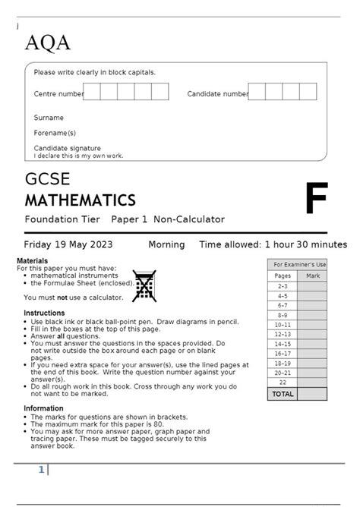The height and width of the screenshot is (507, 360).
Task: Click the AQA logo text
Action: (x=48, y=43)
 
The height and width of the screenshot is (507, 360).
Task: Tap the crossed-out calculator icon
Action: (x=144, y=285)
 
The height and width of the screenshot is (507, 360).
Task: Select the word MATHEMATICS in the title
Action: (x=80, y=200)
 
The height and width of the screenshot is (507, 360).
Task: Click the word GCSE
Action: (x=47, y=180)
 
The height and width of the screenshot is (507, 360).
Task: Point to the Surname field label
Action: (x=49, y=118)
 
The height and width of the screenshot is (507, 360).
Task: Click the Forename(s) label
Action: (x=55, y=133)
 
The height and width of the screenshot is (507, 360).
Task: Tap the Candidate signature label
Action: (x=67, y=148)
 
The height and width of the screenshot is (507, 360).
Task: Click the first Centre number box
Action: (x=92, y=92)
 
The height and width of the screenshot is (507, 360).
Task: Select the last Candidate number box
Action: (x=308, y=92)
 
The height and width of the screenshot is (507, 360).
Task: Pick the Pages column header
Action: (x=283, y=276)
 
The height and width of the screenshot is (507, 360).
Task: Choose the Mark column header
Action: (x=312, y=276)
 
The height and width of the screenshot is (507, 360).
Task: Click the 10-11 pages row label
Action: (x=283, y=324)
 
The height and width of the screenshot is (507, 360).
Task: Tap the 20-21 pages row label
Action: (x=283, y=373)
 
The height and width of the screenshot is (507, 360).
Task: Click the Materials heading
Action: (x=32, y=261)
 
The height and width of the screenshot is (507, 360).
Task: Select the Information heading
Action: (x=43, y=408)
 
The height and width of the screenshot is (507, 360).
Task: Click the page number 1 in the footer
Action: (x=42, y=471)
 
